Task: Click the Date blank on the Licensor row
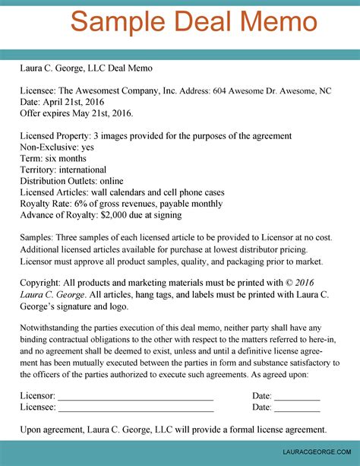tap(297, 396)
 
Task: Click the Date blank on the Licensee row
tap(297, 407)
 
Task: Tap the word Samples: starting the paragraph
tap(39, 238)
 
